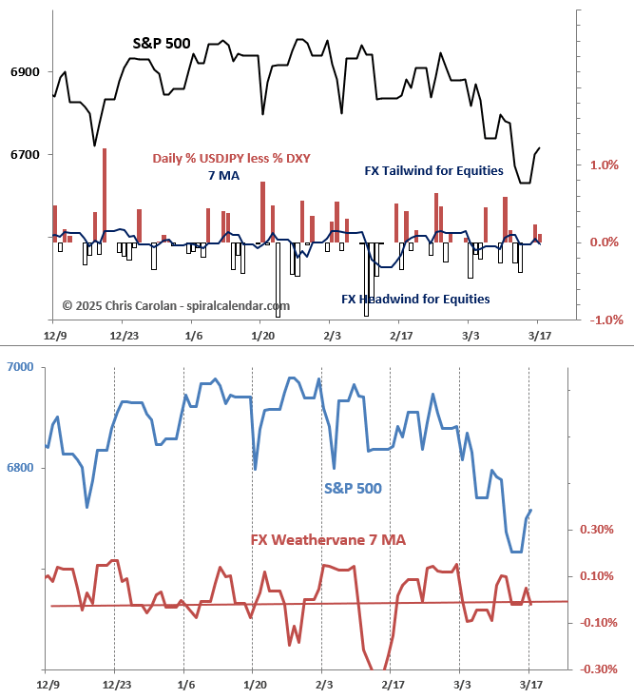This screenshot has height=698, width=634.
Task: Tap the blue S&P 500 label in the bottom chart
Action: pyautogui.click(x=353, y=489)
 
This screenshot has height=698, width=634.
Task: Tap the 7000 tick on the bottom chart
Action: pyautogui.click(x=20, y=367)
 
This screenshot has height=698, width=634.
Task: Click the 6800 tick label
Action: pyautogui.click(x=20, y=468)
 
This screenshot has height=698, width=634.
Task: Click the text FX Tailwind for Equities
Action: pyautogui.click(x=432, y=171)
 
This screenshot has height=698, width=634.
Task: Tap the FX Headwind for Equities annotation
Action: pyautogui.click(x=415, y=299)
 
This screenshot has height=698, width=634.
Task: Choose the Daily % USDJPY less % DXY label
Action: pyautogui.click(x=232, y=158)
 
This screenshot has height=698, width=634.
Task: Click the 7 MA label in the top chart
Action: pyautogui.click(x=224, y=176)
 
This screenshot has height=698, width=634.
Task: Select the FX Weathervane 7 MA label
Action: pyautogui.click(x=328, y=540)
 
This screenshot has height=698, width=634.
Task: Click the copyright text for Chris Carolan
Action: pyautogui.click(x=176, y=306)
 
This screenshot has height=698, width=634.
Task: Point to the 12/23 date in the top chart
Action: pyautogui.click(x=124, y=336)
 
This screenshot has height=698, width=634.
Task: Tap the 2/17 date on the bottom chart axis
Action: pyautogui.click(x=392, y=685)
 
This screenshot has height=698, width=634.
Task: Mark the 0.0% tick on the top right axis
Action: pyautogui.click(x=604, y=242)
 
